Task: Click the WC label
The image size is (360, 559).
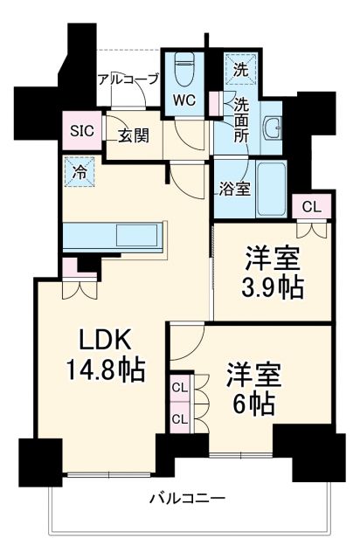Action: [184, 99]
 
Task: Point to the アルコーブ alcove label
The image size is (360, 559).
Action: [128, 79]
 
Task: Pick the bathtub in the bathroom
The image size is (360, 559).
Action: [271, 187]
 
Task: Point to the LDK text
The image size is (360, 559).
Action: [93, 342]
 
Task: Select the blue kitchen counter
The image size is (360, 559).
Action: [113, 237]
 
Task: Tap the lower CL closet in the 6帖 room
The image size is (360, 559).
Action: [180, 418]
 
